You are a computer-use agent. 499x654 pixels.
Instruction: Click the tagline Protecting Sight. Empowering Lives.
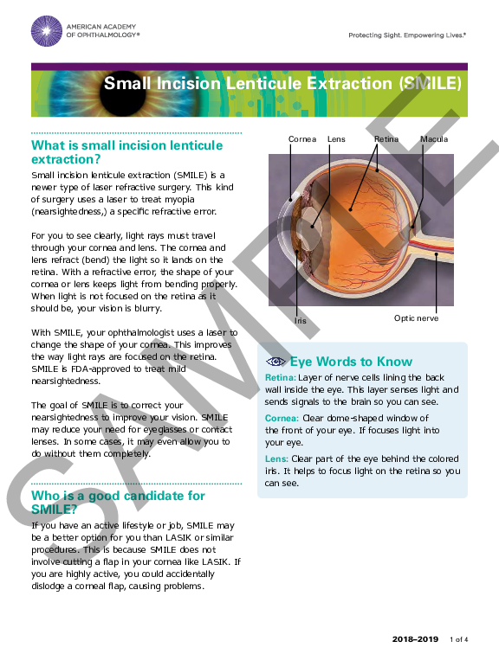coord(406,35)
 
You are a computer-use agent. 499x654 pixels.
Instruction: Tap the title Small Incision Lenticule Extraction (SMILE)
coord(282,84)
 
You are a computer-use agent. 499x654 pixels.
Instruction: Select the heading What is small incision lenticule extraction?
coord(126,152)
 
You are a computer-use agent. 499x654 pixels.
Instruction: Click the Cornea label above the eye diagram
coord(302,138)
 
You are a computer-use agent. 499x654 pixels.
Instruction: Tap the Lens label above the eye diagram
coord(336,138)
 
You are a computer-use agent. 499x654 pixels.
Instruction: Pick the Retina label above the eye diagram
coord(386,138)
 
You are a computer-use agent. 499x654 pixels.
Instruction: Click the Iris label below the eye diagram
coord(300,320)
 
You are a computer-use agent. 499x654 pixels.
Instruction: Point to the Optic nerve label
coord(417,318)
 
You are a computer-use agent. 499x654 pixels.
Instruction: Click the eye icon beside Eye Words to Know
coord(275,362)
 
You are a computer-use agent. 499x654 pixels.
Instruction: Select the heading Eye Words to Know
coord(351,362)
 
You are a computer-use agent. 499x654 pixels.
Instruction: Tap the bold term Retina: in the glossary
coord(280,378)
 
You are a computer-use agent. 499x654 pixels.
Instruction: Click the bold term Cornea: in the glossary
coord(282,419)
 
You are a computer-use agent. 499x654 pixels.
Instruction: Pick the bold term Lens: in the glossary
coord(276,458)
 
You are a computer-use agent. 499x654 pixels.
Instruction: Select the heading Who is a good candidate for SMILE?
coord(118,503)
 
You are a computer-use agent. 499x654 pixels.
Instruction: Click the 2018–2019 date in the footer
coord(415,639)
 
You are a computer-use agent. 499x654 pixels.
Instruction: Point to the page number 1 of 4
coord(459,639)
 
